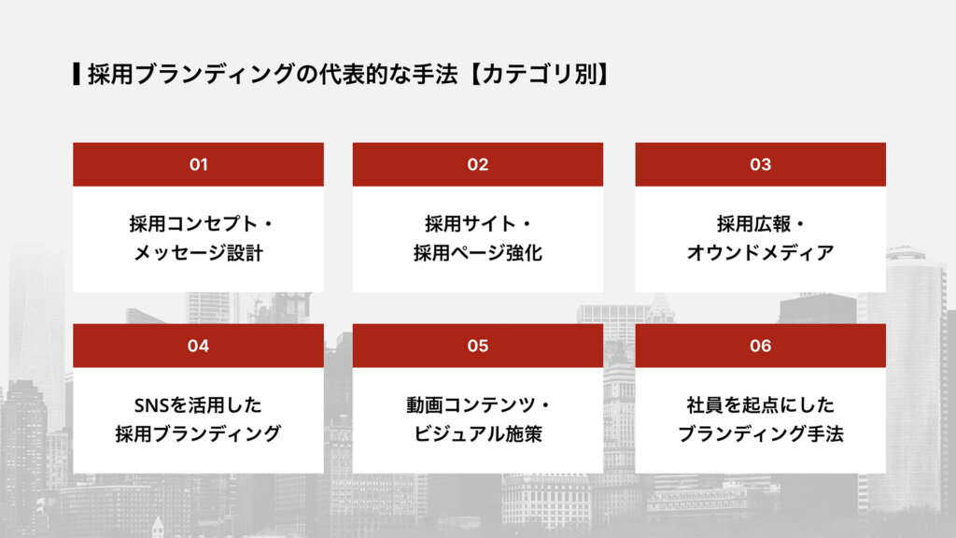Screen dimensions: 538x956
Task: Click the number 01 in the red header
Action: (198, 164)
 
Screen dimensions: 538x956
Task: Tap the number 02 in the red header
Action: (478, 164)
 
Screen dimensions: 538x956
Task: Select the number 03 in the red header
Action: (760, 164)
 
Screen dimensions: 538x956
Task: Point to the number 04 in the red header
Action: (198, 346)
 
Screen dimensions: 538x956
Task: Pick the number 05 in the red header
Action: (478, 346)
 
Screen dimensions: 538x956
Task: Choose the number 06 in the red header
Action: (760, 346)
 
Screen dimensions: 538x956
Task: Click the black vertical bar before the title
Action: (76, 74)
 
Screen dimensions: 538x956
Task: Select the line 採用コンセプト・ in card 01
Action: (198, 224)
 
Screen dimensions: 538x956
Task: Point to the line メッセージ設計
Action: (198, 253)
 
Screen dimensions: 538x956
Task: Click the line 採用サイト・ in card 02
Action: (478, 224)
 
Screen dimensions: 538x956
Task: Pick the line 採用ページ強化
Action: (478, 253)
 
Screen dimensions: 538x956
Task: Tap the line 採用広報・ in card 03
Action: (760, 224)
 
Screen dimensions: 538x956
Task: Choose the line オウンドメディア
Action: (760, 253)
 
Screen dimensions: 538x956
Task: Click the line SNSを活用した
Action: (198, 405)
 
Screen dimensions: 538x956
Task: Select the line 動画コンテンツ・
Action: (478, 405)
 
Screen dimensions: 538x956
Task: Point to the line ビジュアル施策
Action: (478, 434)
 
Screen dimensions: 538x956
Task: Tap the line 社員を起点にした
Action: (760, 405)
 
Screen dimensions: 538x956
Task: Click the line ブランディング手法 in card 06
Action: (760, 434)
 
